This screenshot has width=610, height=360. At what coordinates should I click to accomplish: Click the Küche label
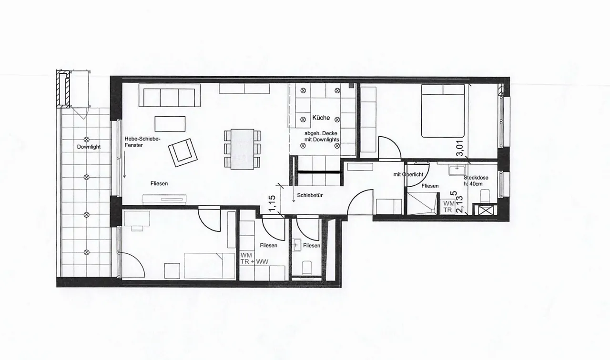321,118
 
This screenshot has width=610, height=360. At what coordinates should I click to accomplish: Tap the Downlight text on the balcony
89,147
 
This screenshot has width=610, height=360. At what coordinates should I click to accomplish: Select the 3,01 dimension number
460,148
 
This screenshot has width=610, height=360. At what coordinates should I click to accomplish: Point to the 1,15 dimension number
272,203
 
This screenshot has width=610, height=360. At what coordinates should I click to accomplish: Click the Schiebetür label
310,195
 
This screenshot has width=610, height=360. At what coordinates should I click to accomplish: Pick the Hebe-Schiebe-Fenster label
142,142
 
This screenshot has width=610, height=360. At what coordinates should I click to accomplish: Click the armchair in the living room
183,153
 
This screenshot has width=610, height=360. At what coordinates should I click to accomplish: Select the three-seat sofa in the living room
169,95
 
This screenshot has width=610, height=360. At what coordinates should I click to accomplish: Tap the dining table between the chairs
243,149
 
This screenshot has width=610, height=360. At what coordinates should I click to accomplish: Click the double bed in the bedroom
443,111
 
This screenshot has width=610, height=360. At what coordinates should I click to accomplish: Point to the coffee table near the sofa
170,124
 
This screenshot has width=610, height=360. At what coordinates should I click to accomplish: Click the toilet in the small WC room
307,268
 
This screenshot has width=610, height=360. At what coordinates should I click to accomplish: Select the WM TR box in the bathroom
447,207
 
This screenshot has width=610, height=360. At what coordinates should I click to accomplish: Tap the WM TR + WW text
254,259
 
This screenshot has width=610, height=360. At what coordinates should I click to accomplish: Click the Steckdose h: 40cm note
476,180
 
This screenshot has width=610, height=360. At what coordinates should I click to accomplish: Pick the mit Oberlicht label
408,175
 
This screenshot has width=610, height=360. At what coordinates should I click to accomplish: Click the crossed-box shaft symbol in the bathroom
486,210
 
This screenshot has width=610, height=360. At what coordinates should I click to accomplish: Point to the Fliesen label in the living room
159,184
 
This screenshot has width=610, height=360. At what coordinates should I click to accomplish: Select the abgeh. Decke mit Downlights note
322,137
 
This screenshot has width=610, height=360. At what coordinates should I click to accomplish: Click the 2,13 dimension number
459,204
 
